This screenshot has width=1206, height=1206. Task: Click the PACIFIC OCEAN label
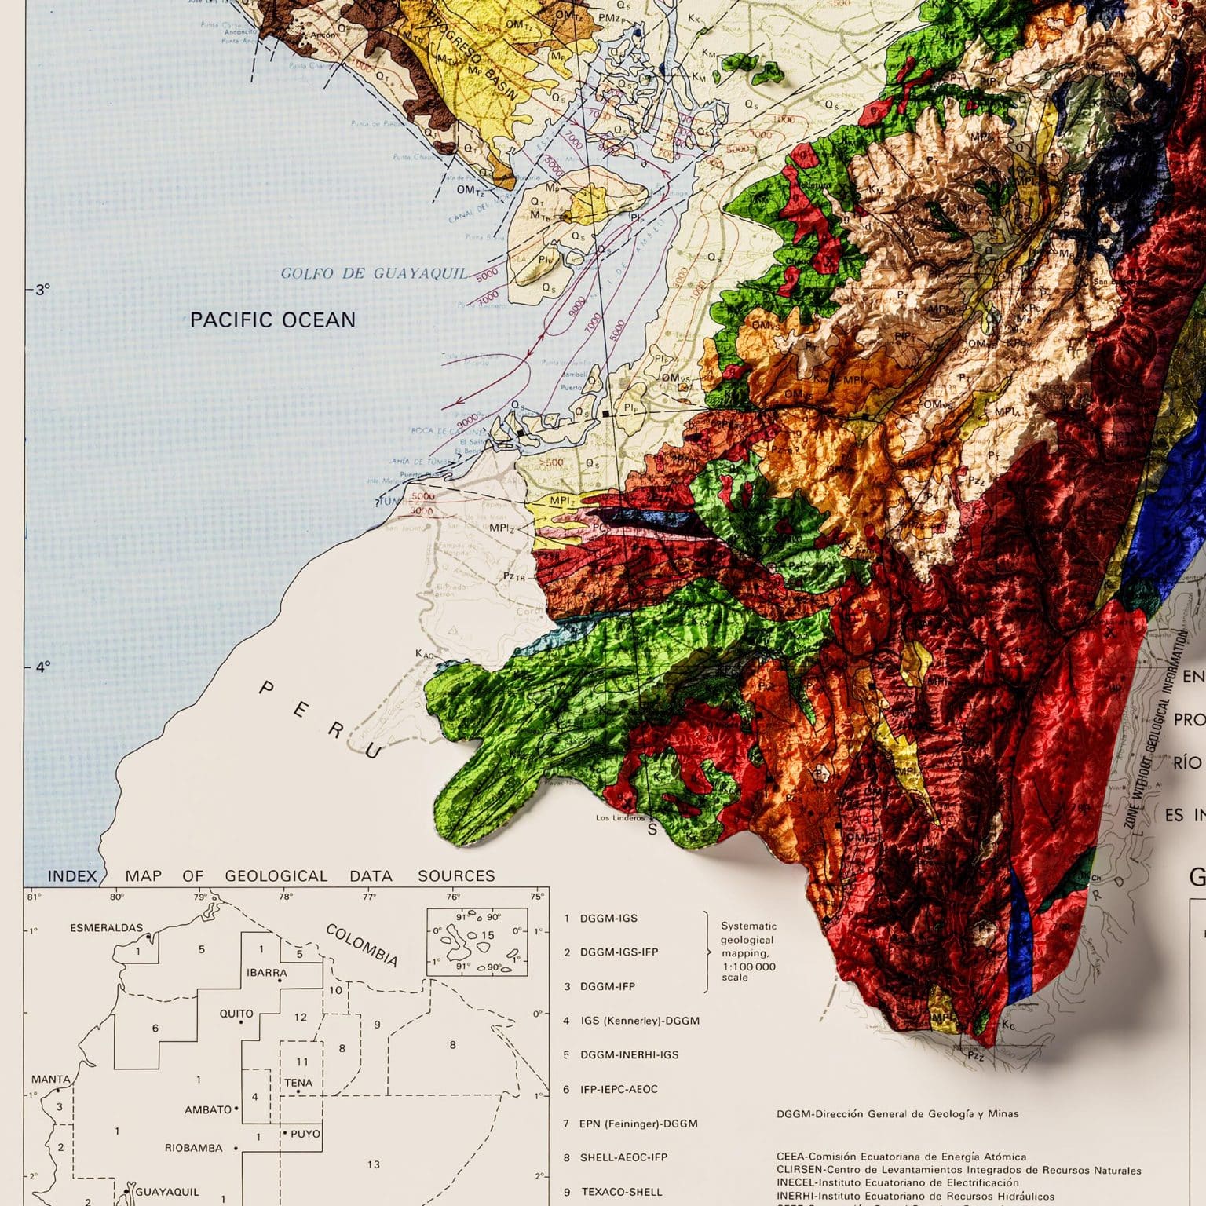coord(272,320)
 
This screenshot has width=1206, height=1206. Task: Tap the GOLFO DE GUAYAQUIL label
coord(373,273)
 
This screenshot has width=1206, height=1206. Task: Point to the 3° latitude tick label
coord(42,290)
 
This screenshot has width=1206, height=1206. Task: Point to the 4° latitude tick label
coord(42,667)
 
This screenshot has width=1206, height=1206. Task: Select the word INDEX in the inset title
coord(72,876)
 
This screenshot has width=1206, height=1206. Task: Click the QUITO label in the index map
coord(236,1014)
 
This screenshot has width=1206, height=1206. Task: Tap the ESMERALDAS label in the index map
coord(107,928)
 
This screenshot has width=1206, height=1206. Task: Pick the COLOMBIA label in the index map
coord(362,945)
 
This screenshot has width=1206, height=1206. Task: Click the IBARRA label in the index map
coord(267,973)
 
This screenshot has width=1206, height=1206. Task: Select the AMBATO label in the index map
coord(208,1110)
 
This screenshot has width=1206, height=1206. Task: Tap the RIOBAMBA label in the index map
coord(193,1148)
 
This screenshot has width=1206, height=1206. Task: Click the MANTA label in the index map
coord(50,1080)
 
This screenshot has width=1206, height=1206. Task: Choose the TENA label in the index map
coord(298,1083)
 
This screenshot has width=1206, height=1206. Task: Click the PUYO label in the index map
coord(305,1134)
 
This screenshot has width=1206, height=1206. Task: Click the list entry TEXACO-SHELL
coord(621,1192)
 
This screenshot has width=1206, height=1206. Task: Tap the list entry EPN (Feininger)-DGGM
coord(638,1124)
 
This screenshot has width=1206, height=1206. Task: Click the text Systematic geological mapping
coord(748,952)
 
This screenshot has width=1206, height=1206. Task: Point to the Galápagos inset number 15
coord(488,935)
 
